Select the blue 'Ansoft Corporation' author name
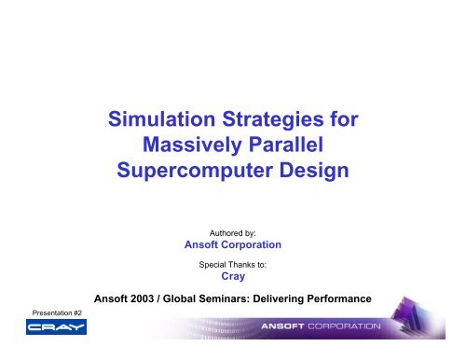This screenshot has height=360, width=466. pos(233,246)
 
